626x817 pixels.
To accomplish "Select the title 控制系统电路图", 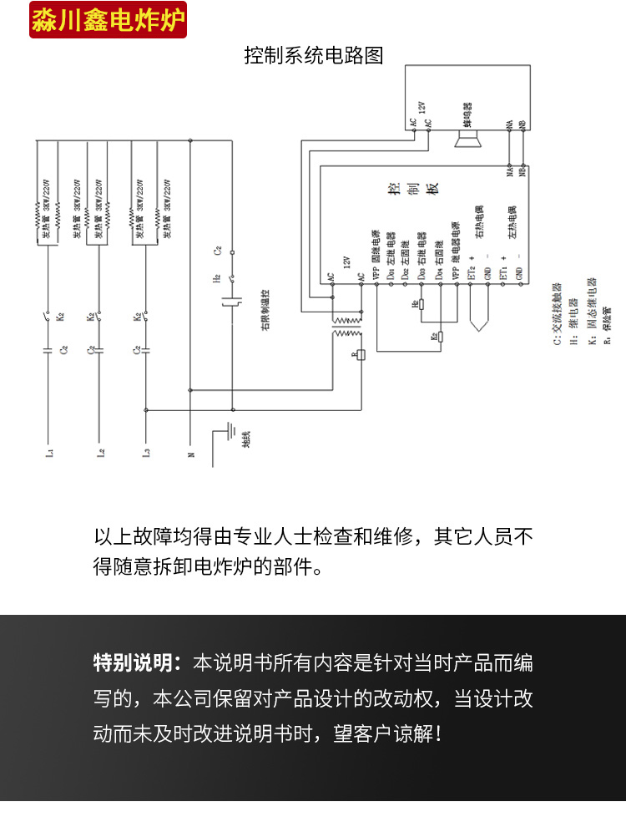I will [313, 56].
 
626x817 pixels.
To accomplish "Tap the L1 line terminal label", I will [49, 454].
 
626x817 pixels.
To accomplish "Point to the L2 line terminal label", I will [101, 454].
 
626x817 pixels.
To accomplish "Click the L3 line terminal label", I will [147, 454].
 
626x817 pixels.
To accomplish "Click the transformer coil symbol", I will [347, 327].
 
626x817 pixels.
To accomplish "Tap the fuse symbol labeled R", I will [361, 354].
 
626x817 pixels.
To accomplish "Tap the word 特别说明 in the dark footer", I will [134, 664].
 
